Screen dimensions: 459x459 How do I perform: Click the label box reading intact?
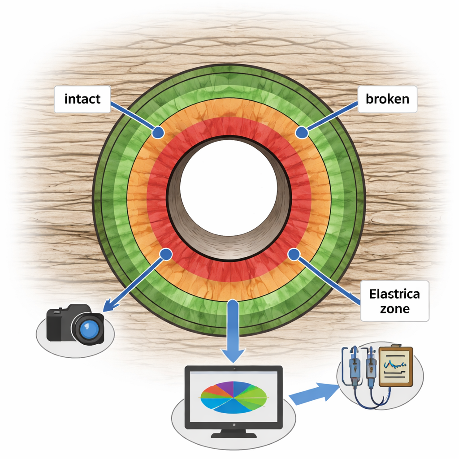(82, 99)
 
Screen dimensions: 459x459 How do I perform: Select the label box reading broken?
(388, 99)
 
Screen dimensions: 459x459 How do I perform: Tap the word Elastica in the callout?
(394, 294)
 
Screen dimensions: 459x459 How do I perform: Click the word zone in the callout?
(394, 309)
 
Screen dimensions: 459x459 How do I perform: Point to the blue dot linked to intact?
(158, 132)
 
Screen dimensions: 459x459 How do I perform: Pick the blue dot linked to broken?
(302, 132)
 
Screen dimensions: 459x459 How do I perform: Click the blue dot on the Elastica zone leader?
(294, 255)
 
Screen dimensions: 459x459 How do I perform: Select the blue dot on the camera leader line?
(166, 254)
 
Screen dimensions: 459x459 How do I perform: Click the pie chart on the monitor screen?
(233, 397)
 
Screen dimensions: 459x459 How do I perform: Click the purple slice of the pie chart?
(226, 386)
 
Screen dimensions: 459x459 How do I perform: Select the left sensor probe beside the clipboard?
(354, 365)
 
